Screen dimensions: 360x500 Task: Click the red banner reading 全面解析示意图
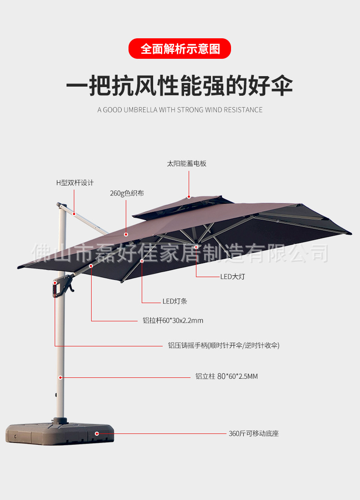180,49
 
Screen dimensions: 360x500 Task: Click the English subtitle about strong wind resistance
180,110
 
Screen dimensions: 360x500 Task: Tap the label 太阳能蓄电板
187,164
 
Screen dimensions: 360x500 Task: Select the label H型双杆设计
75,183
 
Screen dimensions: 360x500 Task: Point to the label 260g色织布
127,193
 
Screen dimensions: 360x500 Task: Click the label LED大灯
232,277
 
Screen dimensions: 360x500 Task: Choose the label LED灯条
175,301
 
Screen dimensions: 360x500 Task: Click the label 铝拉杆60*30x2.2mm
173,320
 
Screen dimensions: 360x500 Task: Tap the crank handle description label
224,345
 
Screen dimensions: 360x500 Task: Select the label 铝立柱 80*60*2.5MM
226,376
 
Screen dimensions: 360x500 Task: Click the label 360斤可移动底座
253,433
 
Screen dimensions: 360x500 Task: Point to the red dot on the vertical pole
60,377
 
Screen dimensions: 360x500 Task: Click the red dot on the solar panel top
188,197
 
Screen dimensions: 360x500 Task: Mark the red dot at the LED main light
196,247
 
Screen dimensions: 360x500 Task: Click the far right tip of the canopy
350,234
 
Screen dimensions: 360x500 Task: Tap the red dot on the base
96,433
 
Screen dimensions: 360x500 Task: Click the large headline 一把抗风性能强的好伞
180,85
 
